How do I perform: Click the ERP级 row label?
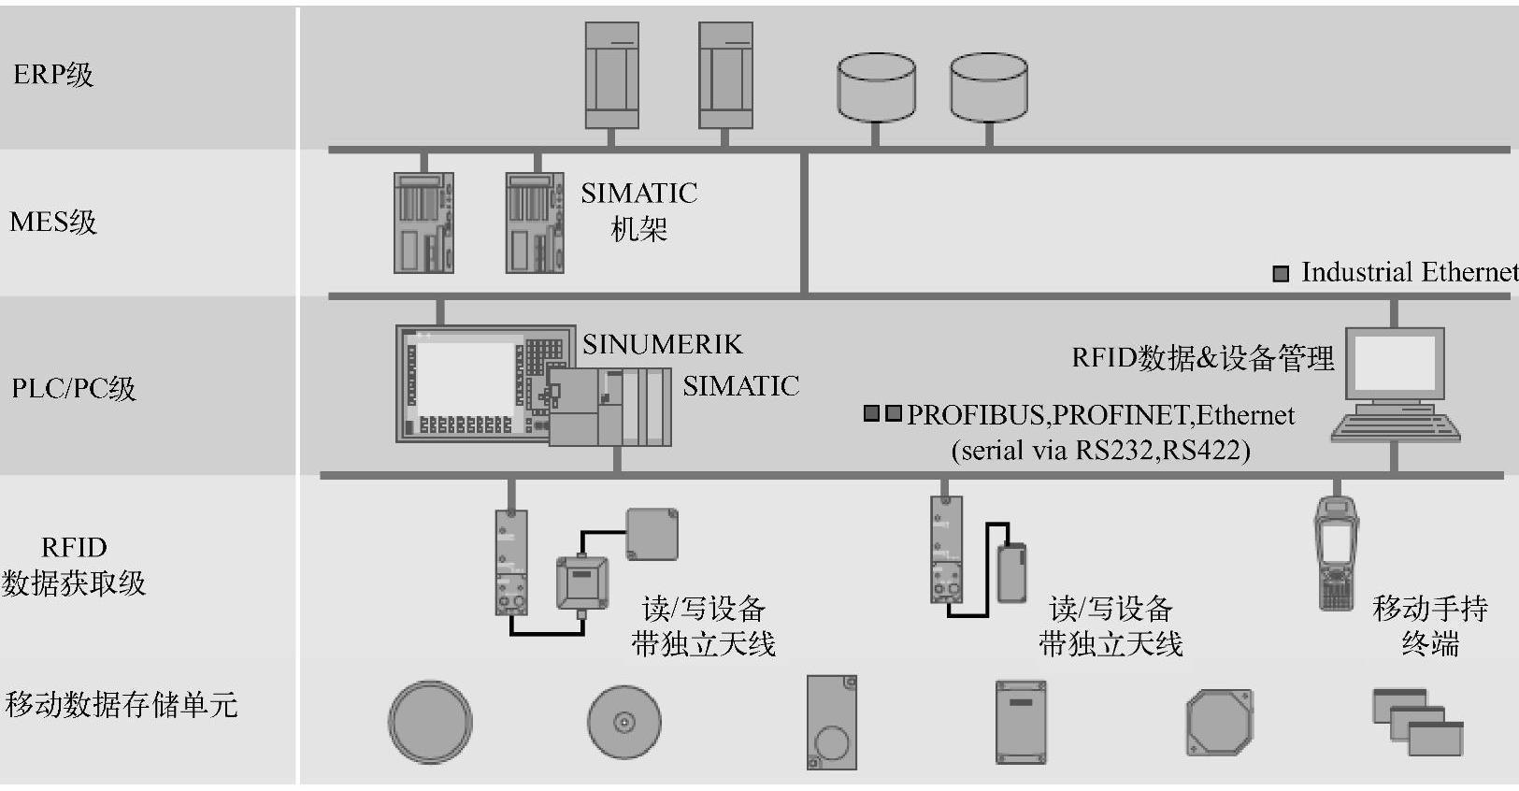53,75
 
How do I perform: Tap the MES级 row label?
53,223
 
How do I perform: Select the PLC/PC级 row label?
74,388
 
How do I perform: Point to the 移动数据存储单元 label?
122,704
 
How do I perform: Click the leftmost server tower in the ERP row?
611,75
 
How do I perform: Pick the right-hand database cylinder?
988,87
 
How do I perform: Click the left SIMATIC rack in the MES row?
423,223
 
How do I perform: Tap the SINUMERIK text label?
662,345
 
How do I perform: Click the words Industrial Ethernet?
1409,272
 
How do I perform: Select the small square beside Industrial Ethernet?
1281,274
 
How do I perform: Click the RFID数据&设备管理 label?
1202,358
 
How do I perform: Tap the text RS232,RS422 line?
1100,451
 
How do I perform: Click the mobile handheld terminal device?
1336,552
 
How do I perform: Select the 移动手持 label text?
1429,609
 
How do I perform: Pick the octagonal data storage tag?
1219,723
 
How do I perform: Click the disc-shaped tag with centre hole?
623,722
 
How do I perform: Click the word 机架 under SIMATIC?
638,229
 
